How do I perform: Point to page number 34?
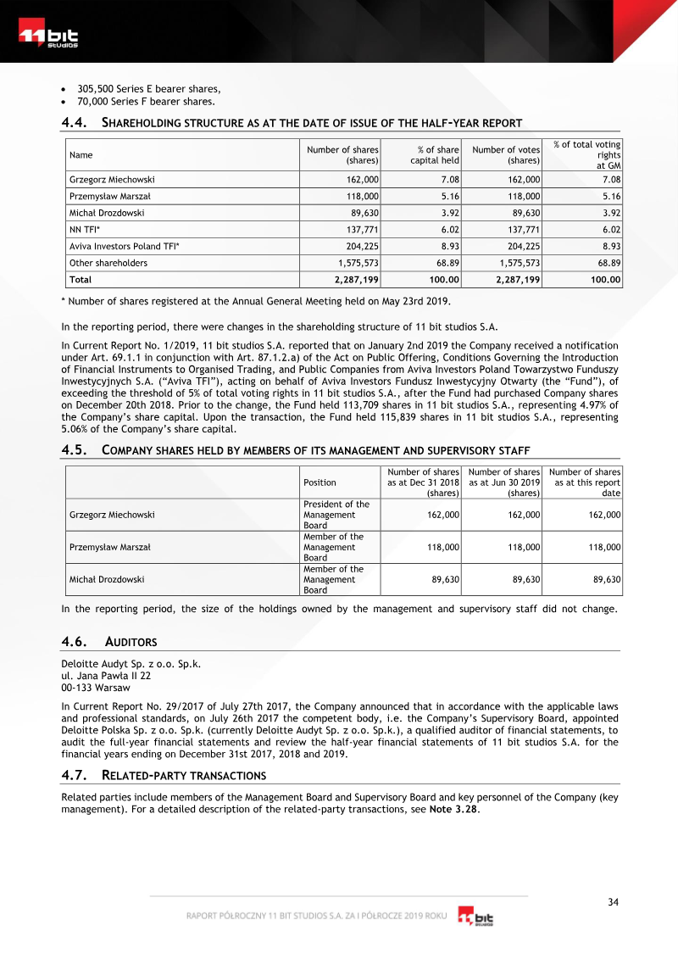point(614,902)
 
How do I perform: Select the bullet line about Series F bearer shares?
point(140,102)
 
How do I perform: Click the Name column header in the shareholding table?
point(81,155)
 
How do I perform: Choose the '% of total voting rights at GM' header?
point(587,155)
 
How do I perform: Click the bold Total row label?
point(81,279)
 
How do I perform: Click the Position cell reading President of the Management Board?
point(336,515)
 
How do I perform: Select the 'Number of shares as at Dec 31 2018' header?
point(423,482)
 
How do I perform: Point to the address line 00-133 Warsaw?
point(96,688)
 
